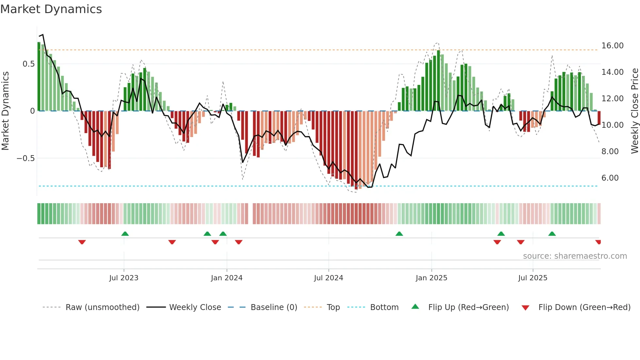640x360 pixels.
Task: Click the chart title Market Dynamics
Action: click(51, 9)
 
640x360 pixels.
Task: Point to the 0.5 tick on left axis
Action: click(28, 64)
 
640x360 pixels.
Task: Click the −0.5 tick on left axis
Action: click(26, 158)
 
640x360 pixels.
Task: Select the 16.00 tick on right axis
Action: click(612, 46)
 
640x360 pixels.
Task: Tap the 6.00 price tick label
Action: click(610, 178)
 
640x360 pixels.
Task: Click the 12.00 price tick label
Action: click(612, 99)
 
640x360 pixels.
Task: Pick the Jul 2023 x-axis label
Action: click(124, 278)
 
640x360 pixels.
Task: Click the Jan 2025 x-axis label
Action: click(431, 278)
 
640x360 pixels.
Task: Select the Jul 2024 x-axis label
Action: click(328, 278)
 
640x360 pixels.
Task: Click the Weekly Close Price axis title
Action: click(634, 111)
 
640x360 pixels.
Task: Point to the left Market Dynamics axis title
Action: click(6, 111)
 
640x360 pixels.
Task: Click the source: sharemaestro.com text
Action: click(575, 256)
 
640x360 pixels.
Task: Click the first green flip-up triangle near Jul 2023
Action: click(125, 234)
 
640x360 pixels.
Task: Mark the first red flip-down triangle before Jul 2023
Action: click(82, 242)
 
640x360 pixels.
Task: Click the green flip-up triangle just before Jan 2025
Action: click(399, 234)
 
